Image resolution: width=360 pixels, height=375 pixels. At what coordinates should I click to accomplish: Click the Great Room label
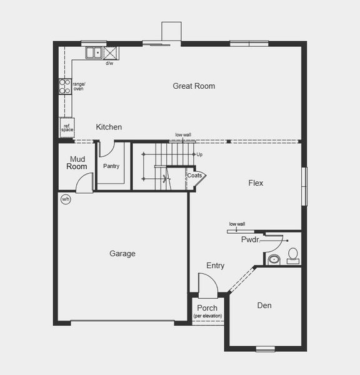194,86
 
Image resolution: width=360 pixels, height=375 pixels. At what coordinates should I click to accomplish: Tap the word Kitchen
109,127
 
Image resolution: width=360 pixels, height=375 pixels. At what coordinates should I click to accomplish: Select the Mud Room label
77,163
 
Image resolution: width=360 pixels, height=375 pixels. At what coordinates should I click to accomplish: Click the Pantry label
111,166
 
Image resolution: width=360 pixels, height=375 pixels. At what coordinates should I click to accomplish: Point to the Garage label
122,253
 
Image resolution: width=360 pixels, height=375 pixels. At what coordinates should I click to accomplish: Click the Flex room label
256,183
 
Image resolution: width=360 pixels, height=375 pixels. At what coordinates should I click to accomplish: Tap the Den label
264,306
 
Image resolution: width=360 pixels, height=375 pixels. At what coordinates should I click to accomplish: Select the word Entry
215,266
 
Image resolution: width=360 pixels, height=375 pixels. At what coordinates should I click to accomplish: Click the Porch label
207,308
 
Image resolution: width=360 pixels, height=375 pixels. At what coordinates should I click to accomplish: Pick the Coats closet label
194,176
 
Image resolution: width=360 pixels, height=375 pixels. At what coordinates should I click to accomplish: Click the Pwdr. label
250,239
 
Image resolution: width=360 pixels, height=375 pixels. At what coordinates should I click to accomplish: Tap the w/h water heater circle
66,199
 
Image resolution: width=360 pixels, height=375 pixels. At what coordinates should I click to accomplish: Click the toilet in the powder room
292,255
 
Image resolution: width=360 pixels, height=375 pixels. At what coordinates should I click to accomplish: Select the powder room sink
273,258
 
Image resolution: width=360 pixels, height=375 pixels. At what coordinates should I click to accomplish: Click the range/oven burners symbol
64,86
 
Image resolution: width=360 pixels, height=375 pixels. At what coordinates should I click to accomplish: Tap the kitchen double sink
94,52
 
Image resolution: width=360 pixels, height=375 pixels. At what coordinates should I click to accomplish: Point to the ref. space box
67,127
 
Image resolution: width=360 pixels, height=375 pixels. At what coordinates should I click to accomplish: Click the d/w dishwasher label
109,63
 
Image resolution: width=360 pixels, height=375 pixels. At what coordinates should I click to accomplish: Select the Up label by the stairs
199,154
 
